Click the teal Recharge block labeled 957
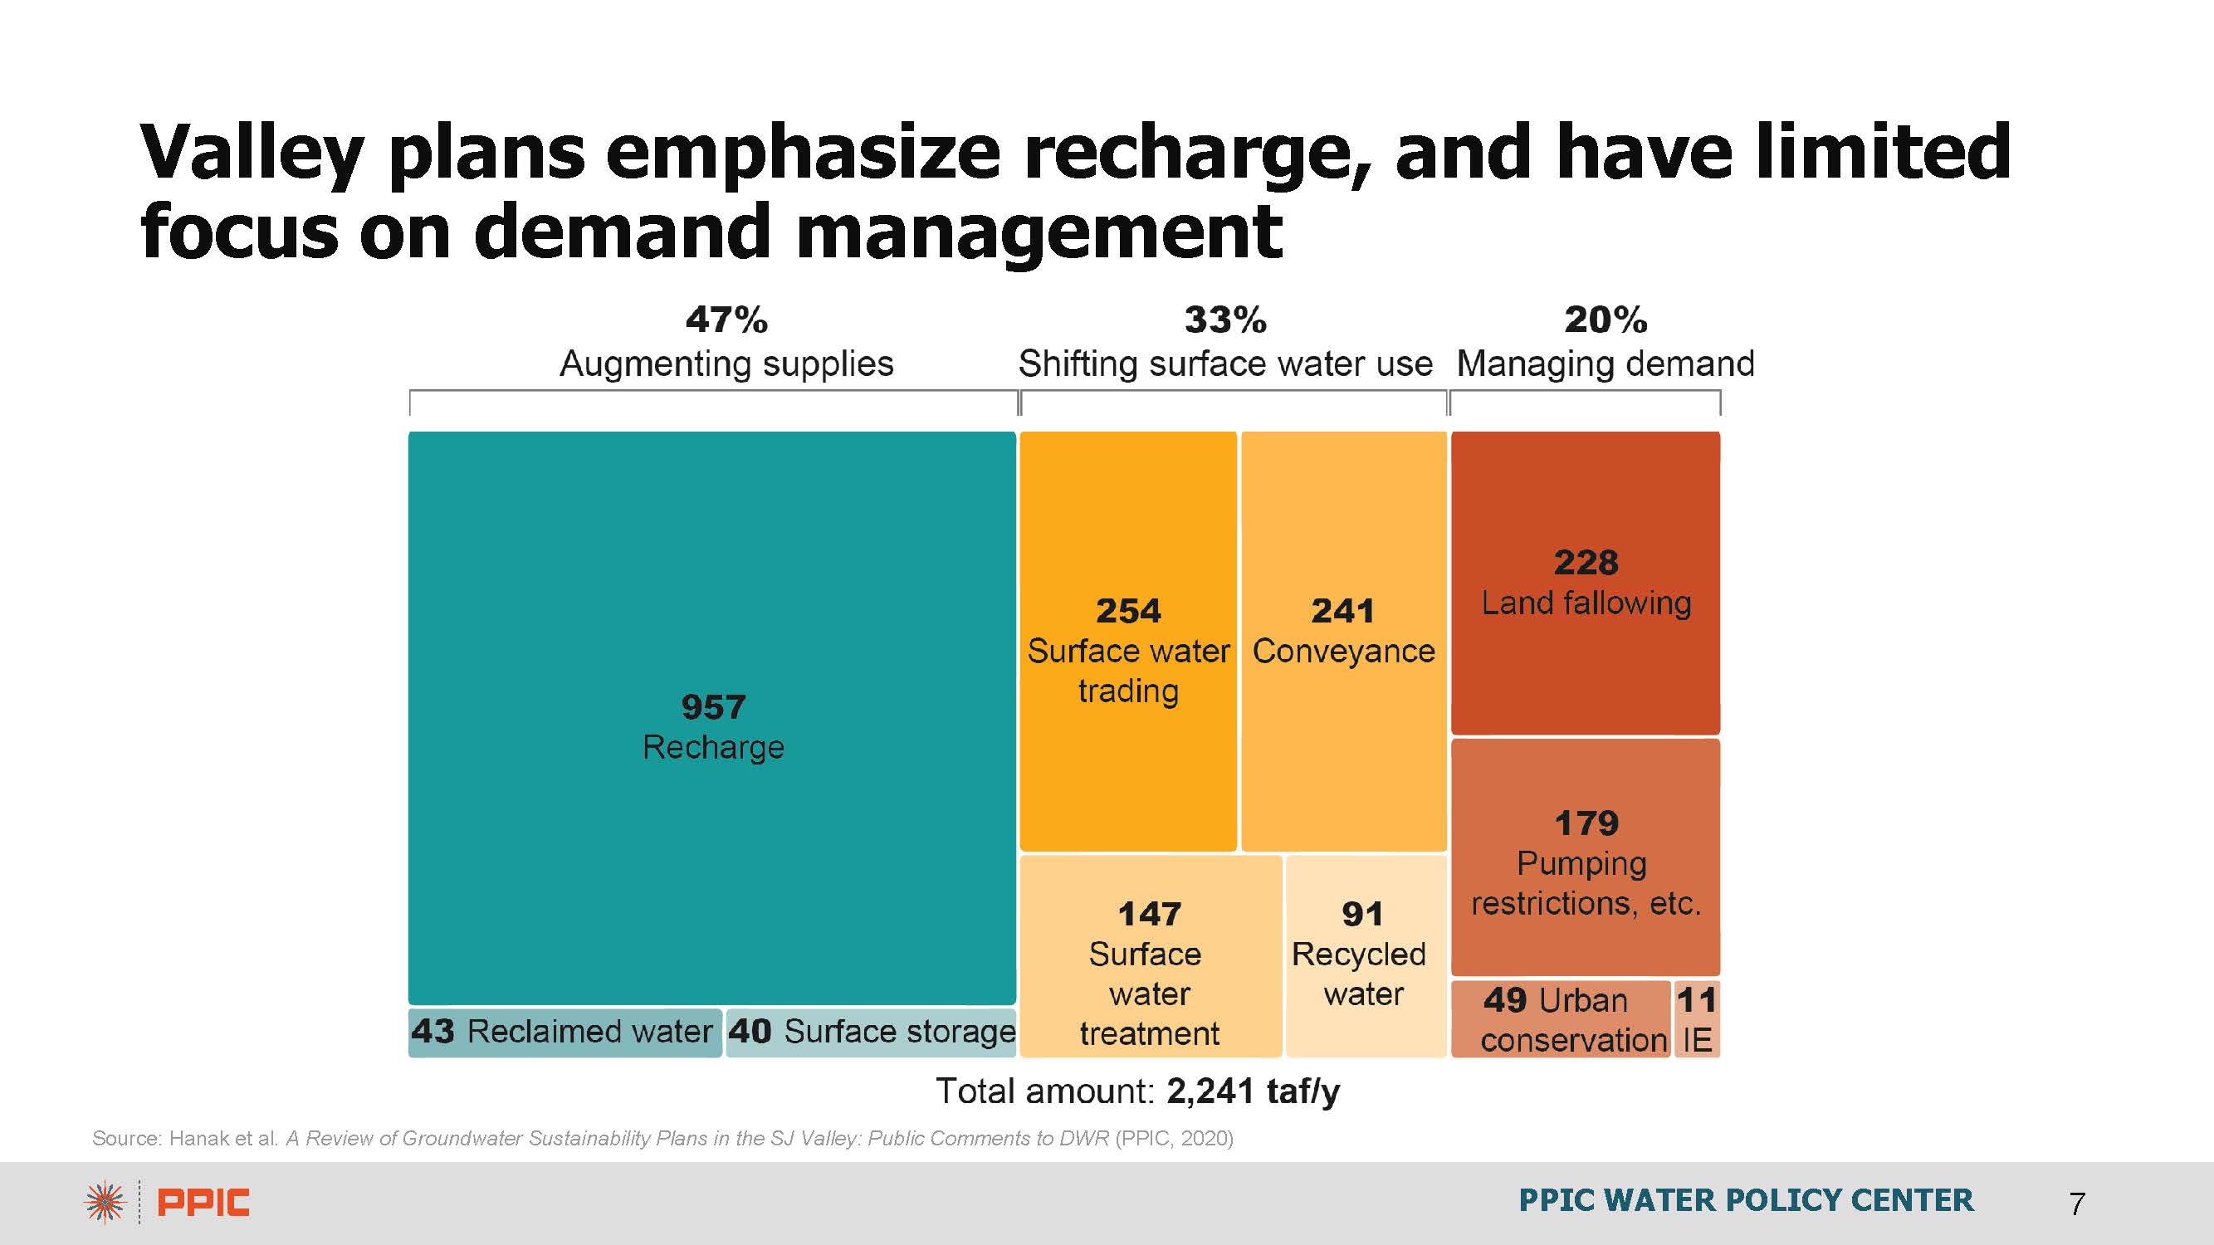(x=711, y=717)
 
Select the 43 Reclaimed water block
(x=564, y=1032)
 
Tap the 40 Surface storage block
(x=872, y=1032)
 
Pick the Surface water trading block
(x=1127, y=641)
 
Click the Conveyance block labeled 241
(x=1343, y=641)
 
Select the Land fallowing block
(x=1586, y=583)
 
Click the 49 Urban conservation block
(x=1560, y=1019)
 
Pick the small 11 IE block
(x=1698, y=1019)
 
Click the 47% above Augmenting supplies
(x=726, y=320)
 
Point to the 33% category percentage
(x=1224, y=320)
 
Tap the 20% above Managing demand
(x=1606, y=320)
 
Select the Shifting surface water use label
(x=1224, y=364)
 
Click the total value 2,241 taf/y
(x=1252, y=1091)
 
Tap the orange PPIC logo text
(x=203, y=1203)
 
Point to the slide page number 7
(x=2077, y=1203)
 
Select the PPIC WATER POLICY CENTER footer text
(x=1746, y=1200)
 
